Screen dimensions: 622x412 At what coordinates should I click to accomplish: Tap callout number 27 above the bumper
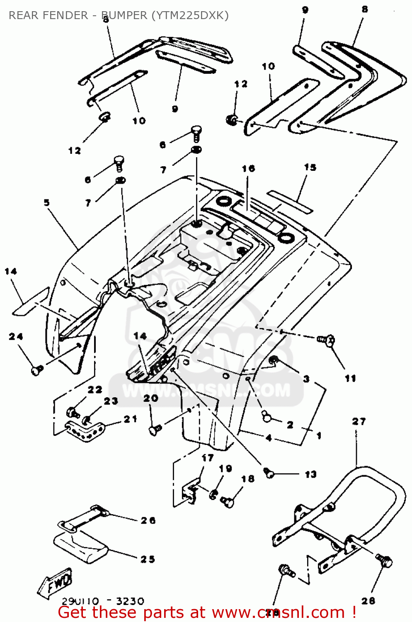(x=359, y=422)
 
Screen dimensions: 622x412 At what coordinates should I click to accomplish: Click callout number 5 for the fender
(x=47, y=202)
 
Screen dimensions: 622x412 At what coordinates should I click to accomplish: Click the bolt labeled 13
(x=269, y=472)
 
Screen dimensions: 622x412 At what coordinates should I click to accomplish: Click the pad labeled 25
(x=81, y=547)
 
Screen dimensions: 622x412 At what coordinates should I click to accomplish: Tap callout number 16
(x=248, y=169)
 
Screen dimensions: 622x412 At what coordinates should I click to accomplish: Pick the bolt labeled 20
(x=156, y=430)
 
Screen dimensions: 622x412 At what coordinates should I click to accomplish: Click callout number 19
(x=225, y=468)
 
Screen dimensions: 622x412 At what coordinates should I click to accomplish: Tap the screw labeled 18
(x=228, y=502)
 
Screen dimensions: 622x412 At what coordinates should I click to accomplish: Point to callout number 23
(x=111, y=401)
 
